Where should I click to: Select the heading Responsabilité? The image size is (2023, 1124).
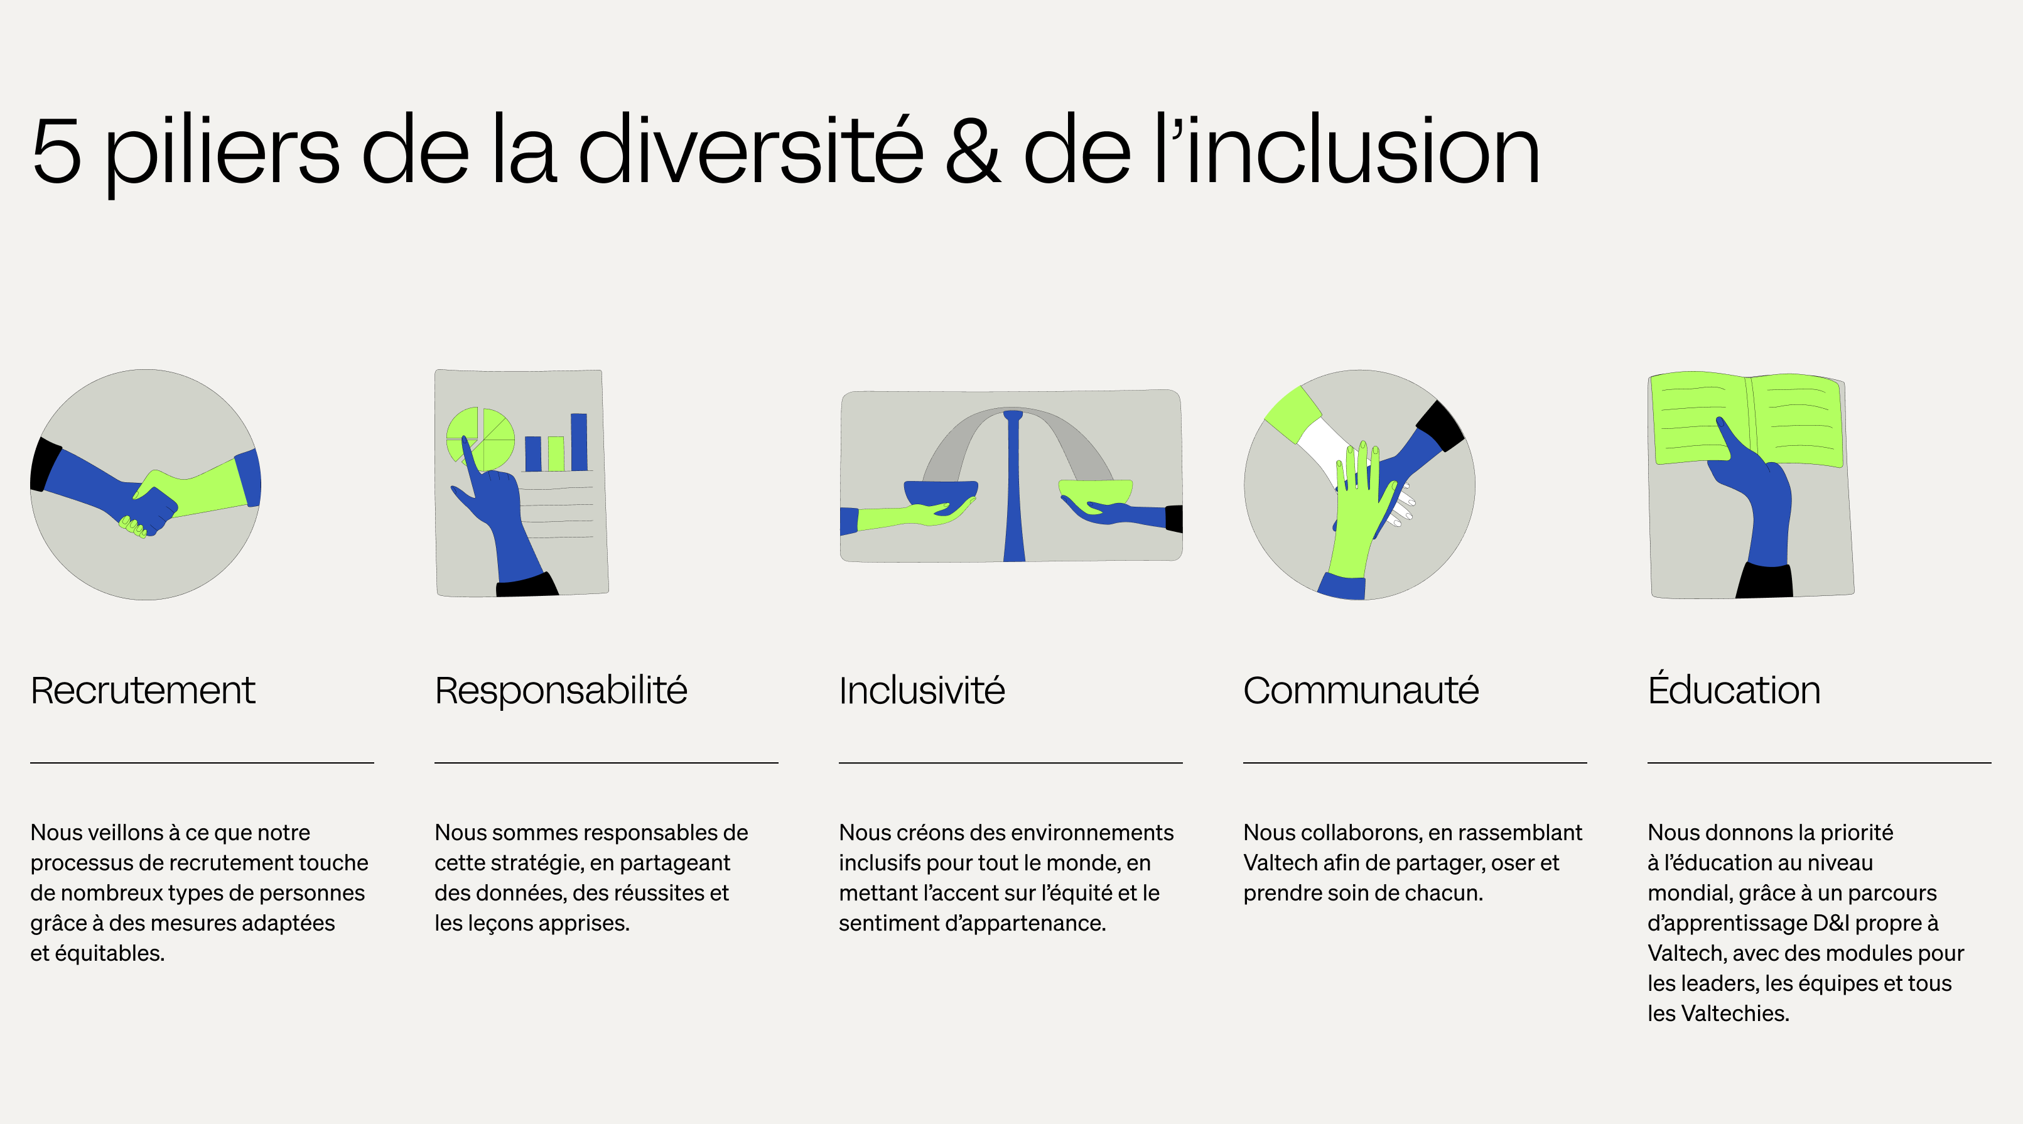click(561, 691)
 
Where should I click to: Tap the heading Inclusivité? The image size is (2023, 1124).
click(921, 691)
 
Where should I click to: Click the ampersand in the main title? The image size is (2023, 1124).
click(972, 151)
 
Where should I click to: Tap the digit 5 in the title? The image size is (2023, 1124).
click(57, 151)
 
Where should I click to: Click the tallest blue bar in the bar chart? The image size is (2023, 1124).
click(579, 441)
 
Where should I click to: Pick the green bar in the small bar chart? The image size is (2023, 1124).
click(556, 453)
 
